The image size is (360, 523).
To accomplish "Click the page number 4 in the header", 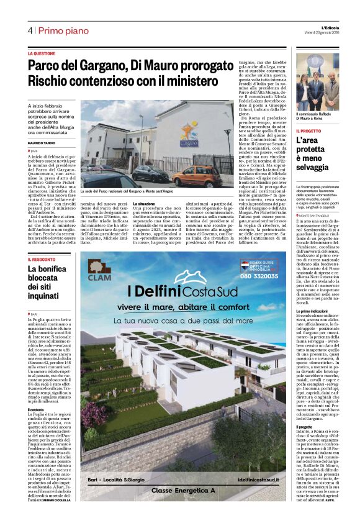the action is pyautogui.click(x=30, y=30).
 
